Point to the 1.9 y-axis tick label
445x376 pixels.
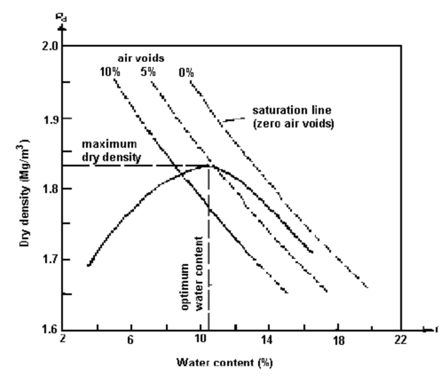[51, 119]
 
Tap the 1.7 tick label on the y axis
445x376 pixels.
[51, 260]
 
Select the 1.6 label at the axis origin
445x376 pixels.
[51, 330]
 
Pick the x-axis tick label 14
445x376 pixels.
[267, 340]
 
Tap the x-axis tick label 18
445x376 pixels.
[338, 340]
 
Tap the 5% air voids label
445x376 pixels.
[147, 71]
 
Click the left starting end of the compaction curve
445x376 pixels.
[89, 265]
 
